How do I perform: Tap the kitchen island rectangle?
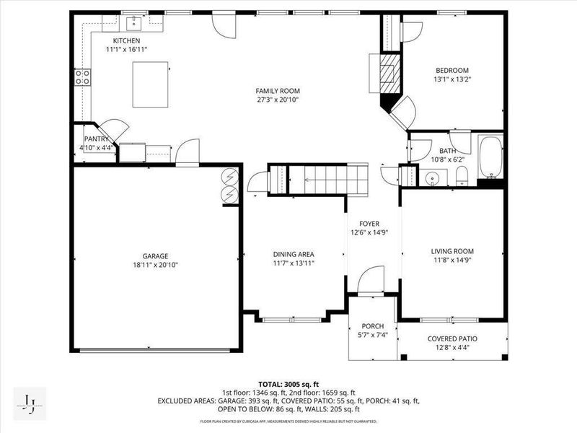151,84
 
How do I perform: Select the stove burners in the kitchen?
84,76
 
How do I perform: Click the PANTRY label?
96,139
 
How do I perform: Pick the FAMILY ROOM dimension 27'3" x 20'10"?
277,100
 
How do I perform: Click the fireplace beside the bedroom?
388,71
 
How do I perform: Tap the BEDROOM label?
452,71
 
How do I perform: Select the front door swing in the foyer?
372,279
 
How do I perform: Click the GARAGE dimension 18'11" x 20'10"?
154,265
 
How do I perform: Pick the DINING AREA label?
293,254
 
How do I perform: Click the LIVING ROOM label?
452,251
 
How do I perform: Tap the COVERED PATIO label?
452,338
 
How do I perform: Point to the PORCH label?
373,326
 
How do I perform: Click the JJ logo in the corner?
30,401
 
